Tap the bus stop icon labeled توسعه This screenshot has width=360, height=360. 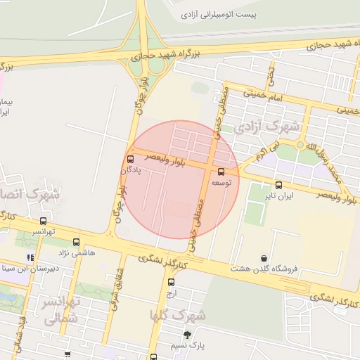pyautogui.click(x=221, y=172)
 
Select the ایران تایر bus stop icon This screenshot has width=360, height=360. pyautogui.click(x=279, y=186)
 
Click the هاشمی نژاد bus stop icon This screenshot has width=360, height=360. pyautogui.click(x=76, y=242)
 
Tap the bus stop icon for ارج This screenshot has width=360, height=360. pyautogui.click(x=171, y=283)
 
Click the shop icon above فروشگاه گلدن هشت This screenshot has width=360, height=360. pyautogui.click(x=264, y=258)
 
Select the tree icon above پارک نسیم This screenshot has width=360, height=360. pyautogui.click(x=187, y=335)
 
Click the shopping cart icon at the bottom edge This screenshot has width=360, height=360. pyautogui.click(x=67, y=355)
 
